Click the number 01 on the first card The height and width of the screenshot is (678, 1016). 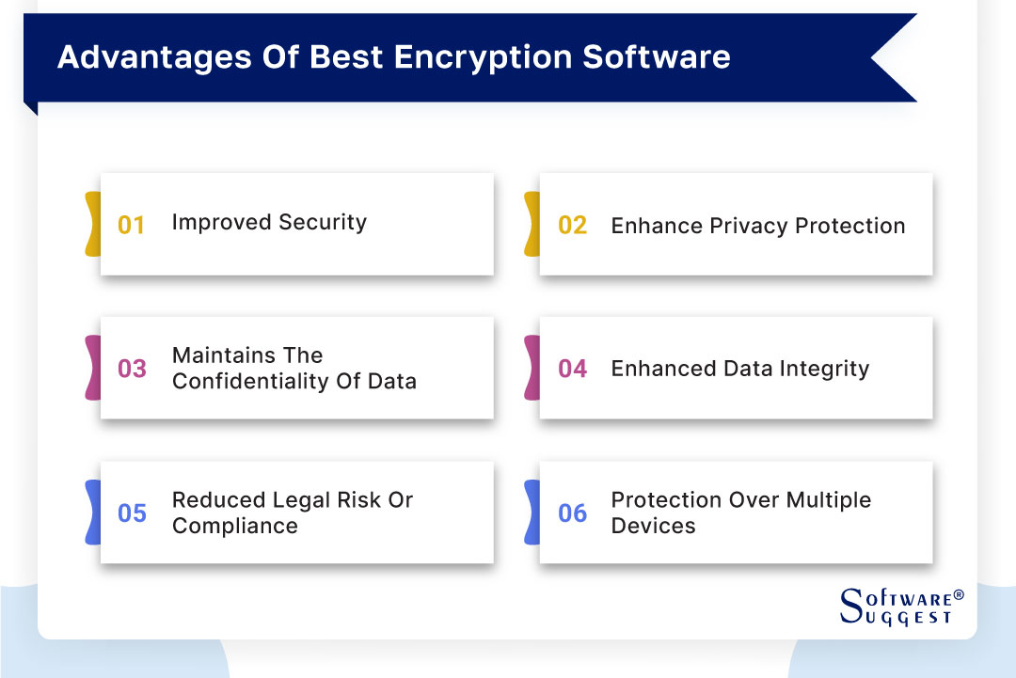(x=131, y=226)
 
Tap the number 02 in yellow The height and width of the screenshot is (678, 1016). (x=572, y=226)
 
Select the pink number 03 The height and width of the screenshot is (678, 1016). (x=132, y=369)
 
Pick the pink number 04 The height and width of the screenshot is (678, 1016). (x=572, y=369)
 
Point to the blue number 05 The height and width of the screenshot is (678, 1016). (x=132, y=513)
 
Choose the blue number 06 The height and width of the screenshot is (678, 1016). (x=572, y=513)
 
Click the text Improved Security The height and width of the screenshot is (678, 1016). (x=269, y=223)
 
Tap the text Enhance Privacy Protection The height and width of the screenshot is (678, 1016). (x=758, y=227)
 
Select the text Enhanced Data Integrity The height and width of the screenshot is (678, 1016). (x=739, y=370)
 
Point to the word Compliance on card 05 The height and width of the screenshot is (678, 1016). (x=234, y=526)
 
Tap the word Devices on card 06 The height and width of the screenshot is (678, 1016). (x=653, y=526)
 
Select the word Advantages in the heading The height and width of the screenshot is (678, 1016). (x=145, y=56)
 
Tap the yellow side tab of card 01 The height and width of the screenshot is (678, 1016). (x=92, y=224)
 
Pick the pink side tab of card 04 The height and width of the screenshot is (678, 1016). (x=532, y=368)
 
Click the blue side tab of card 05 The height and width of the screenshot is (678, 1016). (x=92, y=512)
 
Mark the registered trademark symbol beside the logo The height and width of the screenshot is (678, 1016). (x=959, y=595)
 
